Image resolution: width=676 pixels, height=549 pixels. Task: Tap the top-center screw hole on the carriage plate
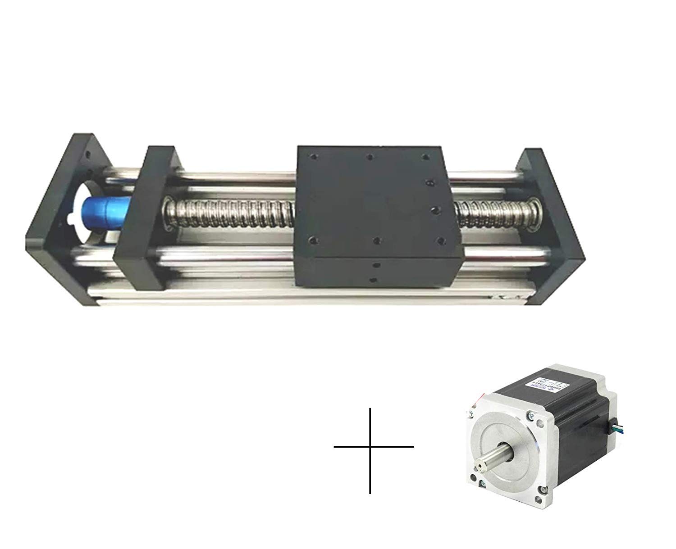click(x=370, y=157)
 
